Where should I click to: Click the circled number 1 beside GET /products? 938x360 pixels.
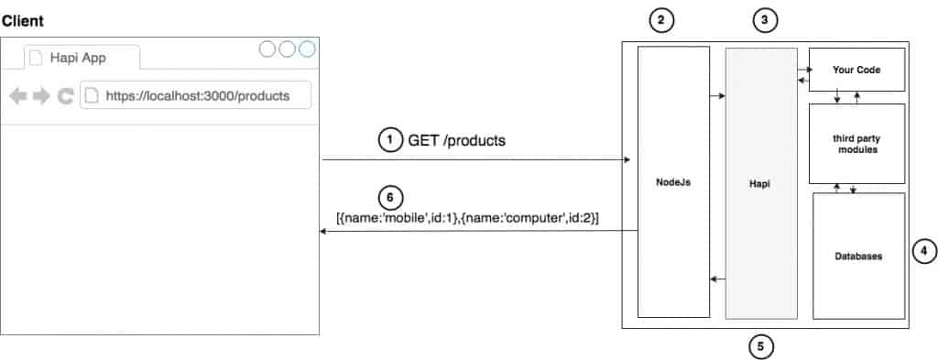(390, 140)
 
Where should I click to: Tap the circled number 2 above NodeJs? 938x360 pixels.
(660, 18)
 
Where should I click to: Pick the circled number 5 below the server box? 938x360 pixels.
(760, 346)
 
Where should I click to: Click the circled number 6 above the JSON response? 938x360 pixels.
(389, 197)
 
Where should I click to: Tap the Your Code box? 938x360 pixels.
(856, 70)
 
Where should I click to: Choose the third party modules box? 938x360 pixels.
(857, 142)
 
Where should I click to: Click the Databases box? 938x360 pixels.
(858, 256)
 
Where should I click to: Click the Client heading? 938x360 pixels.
(23, 19)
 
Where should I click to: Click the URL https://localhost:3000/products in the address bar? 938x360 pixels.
(198, 95)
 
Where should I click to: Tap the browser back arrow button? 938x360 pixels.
(18, 95)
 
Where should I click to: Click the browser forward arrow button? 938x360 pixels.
(41, 95)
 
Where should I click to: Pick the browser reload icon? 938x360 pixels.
(65, 95)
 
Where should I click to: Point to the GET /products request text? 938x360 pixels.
(456, 140)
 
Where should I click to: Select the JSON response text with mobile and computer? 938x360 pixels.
(474, 217)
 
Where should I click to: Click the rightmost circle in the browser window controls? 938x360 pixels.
(307, 49)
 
